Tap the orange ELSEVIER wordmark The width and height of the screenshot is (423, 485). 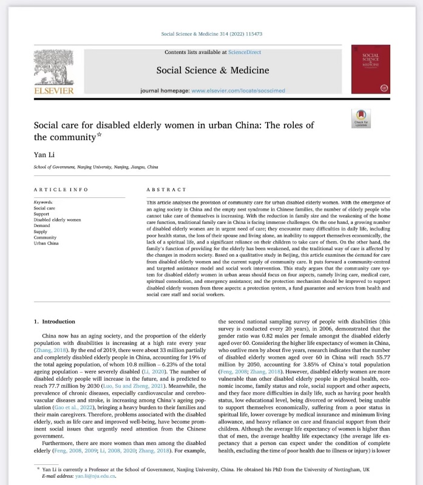pyautogui.click(x=54, y=91)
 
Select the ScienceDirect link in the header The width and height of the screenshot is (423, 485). pyautogui.click(x=240, y=53)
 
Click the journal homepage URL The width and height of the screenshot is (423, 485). pyautogui.click(x=239, y=90)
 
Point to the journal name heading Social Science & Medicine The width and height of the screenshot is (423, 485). pyautogui.click(x=212, y=70)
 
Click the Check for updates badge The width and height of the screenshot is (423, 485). pyautogui.click(x=362, y=117)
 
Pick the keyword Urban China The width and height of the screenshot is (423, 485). pyautogui.click(x=47, y=242)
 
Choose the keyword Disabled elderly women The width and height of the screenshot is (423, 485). pyautogui.click(x=57, y=219)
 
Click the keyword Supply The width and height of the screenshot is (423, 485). pyautogui.click(x=41, y=231)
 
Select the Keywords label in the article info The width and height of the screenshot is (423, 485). pyautogui.click(x=44, y=202)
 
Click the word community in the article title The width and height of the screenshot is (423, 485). pyautogui.click(x=73, y=138)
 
